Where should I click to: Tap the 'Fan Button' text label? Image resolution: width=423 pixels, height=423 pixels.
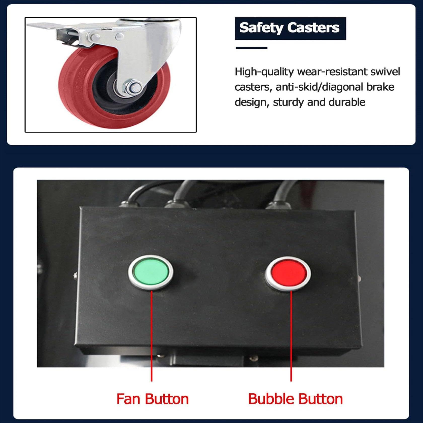(x=153, y=399)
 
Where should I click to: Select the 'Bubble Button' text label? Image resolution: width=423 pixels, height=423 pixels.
(x=295, y=399)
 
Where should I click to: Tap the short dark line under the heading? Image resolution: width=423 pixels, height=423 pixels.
(x=251, y=48)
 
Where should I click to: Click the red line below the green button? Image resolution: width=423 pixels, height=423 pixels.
(x=152, y=336)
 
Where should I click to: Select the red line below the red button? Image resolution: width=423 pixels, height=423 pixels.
(x=291, y=336)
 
